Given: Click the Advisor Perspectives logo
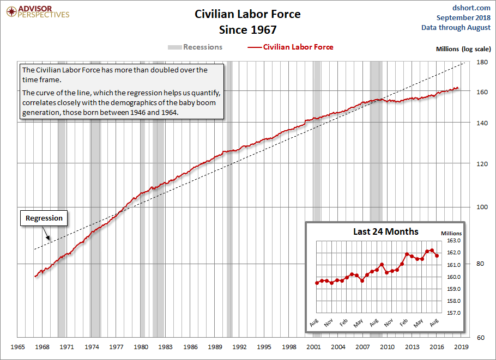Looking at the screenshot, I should click(37, 11).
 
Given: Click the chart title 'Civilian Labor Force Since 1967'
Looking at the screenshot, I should click(248, 21).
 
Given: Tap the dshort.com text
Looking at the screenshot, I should click(471, 8).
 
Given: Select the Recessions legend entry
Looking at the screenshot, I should click(195, 47).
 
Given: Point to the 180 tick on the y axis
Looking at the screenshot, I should click(482, 62).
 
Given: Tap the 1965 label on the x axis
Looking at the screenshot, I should click(19, 347).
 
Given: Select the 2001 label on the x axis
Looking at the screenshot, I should click(313, 347).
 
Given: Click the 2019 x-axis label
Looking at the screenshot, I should click(461, 347).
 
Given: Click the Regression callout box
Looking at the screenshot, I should click(44, 218).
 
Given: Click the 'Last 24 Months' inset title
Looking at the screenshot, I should click(385, 231).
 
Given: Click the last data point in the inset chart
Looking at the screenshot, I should click(437, 255).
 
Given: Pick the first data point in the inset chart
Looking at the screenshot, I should click(317, 283).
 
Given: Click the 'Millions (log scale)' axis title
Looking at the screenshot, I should click(463, 49).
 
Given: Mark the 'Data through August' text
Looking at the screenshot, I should click(456, 28).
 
